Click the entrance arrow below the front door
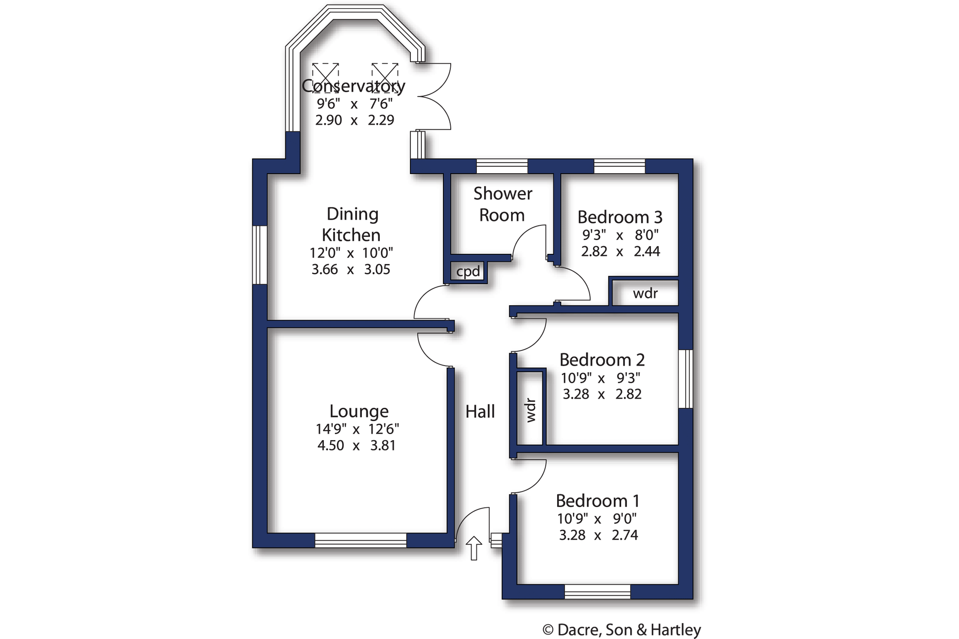[x=474, y=548]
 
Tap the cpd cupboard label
[x=468, y=272]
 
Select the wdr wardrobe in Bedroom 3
[x=645, y=294]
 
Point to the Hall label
[x=480, y=412]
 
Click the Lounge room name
[x=359, y=411]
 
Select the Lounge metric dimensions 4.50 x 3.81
[x=356, y=446]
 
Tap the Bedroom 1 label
[x=597, y=501]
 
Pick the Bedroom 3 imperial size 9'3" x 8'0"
[x=620, y=235]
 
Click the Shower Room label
[x=503, y=204]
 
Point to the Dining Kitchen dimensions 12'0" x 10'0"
[x=351, y=253]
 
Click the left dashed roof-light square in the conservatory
[x=325, y=78]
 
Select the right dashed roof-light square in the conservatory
[x=385, y=78]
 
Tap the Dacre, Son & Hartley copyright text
[x=622, y=630]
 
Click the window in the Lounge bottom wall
[x=360, y=540]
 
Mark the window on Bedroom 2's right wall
[x=686, y=379]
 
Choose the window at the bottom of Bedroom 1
[x=597, y=591]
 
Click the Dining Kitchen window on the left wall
[x=259, y=255]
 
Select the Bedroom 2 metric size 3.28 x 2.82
[x=602, y=394]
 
